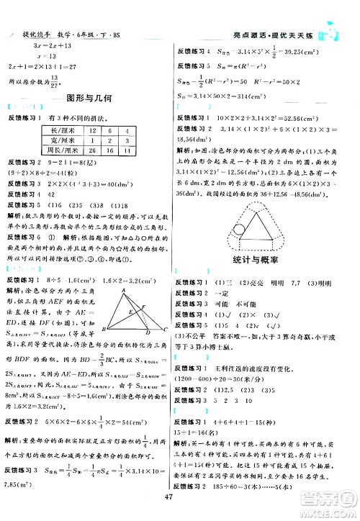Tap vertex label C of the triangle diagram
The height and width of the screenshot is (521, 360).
(166, 330)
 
